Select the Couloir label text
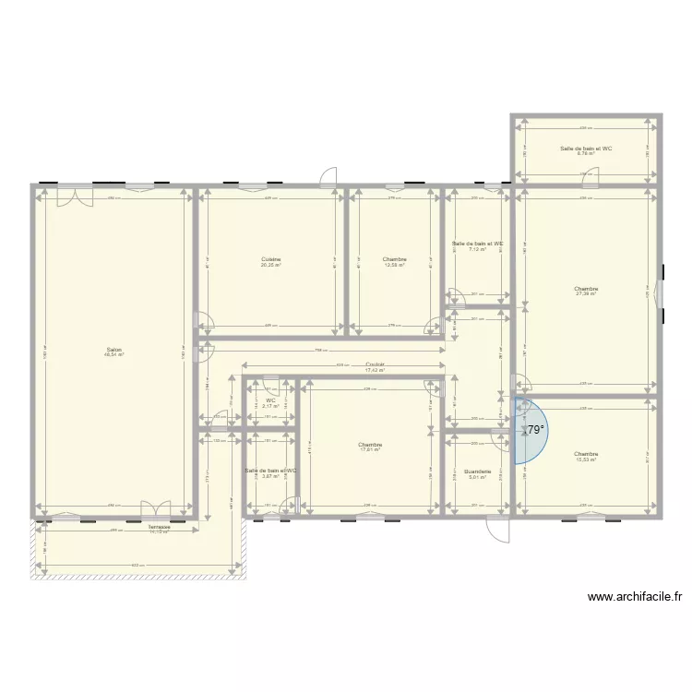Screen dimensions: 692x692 (x=375, y=366)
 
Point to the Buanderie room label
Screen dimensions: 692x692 (x=477, y=472)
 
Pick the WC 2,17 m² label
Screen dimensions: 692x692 (x=271, y=403)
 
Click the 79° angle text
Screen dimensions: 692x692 (x=535, y=429)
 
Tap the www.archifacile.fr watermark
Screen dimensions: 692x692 (x=635, y=597)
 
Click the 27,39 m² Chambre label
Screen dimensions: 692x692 (x=586, y=291)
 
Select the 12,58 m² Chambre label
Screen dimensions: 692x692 (x=395, y=262)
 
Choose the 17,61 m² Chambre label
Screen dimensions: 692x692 (x=370, y=447)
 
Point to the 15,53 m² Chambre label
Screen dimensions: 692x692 (x=586, y=456)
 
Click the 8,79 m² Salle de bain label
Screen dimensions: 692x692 (x=586, y=150)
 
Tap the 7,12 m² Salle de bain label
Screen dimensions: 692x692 (x=477, y=246)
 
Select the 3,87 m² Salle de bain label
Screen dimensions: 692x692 (x=271, y=473)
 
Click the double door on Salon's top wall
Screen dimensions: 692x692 (x=74, y=196)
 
